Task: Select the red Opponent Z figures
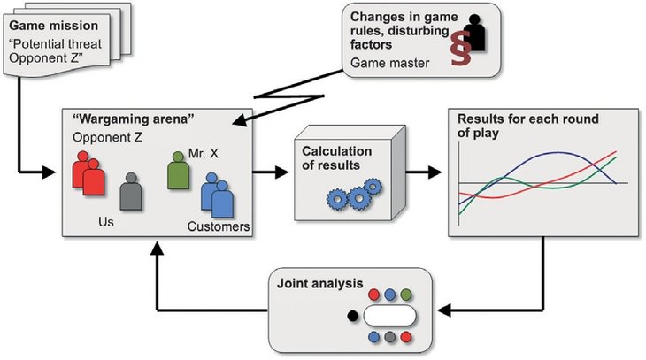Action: click(x=89, y=173)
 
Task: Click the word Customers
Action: click(x=218, y=227)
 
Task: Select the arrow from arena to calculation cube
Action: click(x=273, y=171)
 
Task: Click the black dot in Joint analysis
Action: click(x=352, y=314)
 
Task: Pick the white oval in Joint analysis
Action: click(x=389, y=314)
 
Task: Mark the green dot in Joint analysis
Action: click(x=406, y=293)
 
